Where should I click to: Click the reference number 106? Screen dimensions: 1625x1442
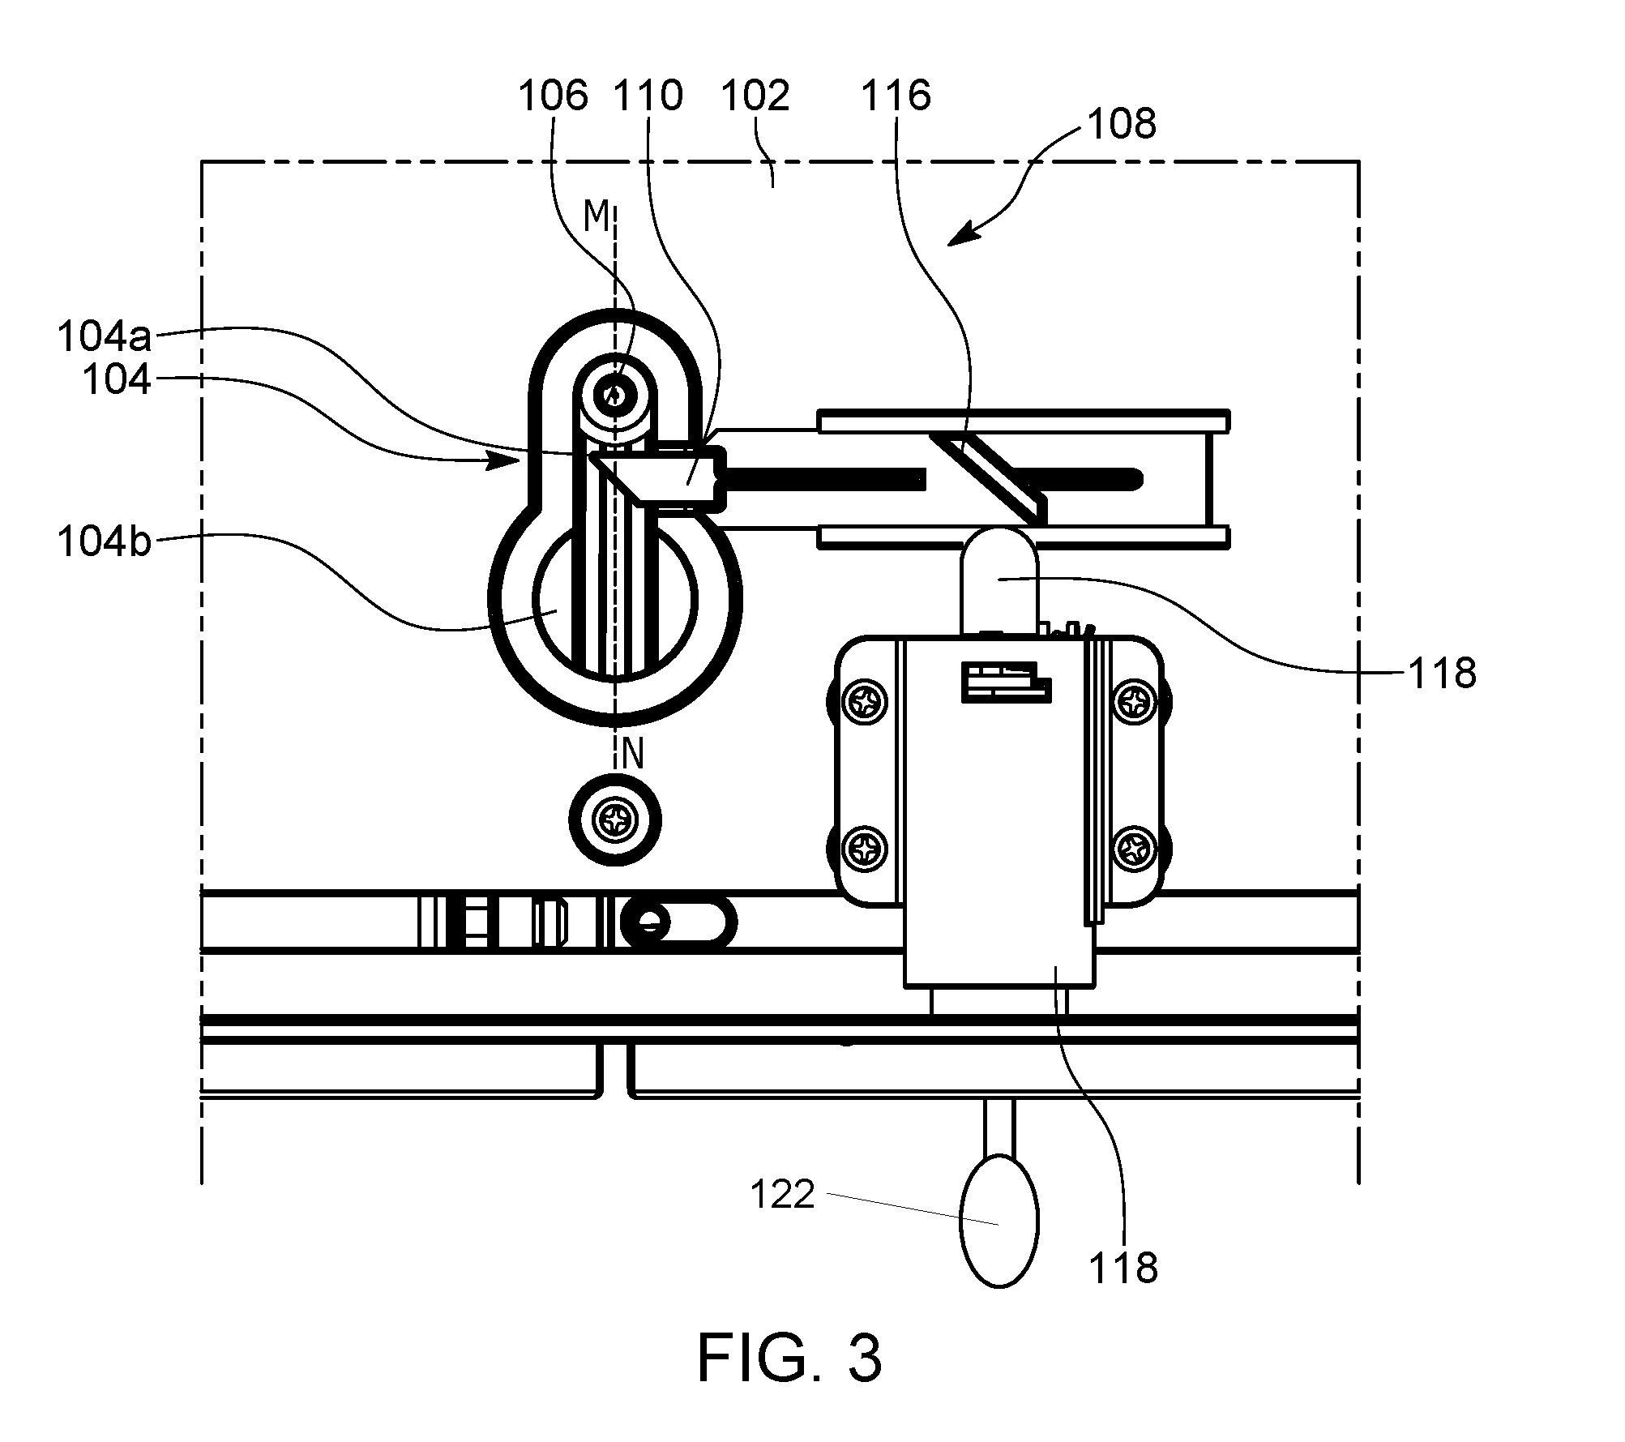tap(553, 96)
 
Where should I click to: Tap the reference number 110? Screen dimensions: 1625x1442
tap(648, 96)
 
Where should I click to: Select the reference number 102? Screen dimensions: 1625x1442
tap(755, 96)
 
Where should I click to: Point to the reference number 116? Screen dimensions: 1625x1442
tap(896, 96)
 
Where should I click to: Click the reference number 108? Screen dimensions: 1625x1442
tap(1122, 125)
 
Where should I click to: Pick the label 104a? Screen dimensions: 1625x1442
tap(104, 337)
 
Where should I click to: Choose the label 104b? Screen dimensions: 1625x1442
tap(104, 541)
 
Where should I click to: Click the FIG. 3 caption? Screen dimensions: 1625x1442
tap(789, 1358)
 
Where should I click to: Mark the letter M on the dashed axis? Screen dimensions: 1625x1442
tap(597, 216)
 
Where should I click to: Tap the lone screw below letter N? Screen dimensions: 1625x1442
tap(615, 822)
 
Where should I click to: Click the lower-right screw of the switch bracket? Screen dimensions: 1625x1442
tap(1133, 848)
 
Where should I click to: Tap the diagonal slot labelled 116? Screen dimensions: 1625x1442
tap(988, 477)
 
